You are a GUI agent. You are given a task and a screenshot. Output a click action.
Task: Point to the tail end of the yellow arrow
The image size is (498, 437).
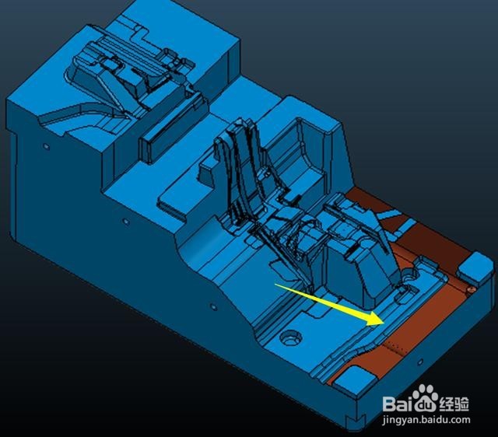point(275,285)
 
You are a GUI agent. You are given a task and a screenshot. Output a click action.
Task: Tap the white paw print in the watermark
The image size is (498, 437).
point(426,397)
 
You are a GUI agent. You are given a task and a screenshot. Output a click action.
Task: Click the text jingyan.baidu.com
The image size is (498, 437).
point(426,420)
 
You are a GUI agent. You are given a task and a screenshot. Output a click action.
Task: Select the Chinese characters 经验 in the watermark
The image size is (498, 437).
point(454,404)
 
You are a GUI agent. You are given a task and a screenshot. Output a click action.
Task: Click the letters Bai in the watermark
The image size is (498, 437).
point(398,404)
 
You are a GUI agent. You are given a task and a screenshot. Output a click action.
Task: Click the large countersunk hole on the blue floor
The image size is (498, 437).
point(290,337)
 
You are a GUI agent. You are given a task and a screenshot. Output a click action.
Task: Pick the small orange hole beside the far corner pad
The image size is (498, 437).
point(472,289)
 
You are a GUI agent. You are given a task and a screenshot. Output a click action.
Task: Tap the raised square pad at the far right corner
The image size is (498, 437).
point(475,267)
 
